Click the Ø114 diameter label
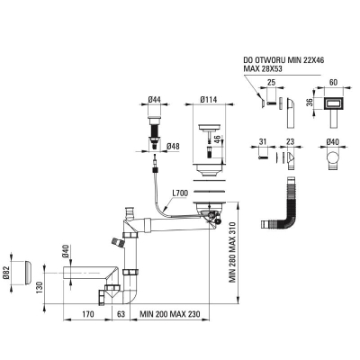(208, 99)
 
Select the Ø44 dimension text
(155, 99)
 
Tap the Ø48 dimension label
(173, 147)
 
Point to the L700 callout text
(180, 193)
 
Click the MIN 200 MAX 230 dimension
(170, 314)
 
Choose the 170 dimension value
(87, 314)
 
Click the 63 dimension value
(121, 314)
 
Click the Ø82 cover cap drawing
(28, 273)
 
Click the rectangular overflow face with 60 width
(333, 104)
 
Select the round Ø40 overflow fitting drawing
(333, 161)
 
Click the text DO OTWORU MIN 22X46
(283, 60)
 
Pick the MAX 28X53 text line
(263, 68)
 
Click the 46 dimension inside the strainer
(218, 139)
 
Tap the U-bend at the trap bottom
(130, 296)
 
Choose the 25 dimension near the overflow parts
(271, 83)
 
